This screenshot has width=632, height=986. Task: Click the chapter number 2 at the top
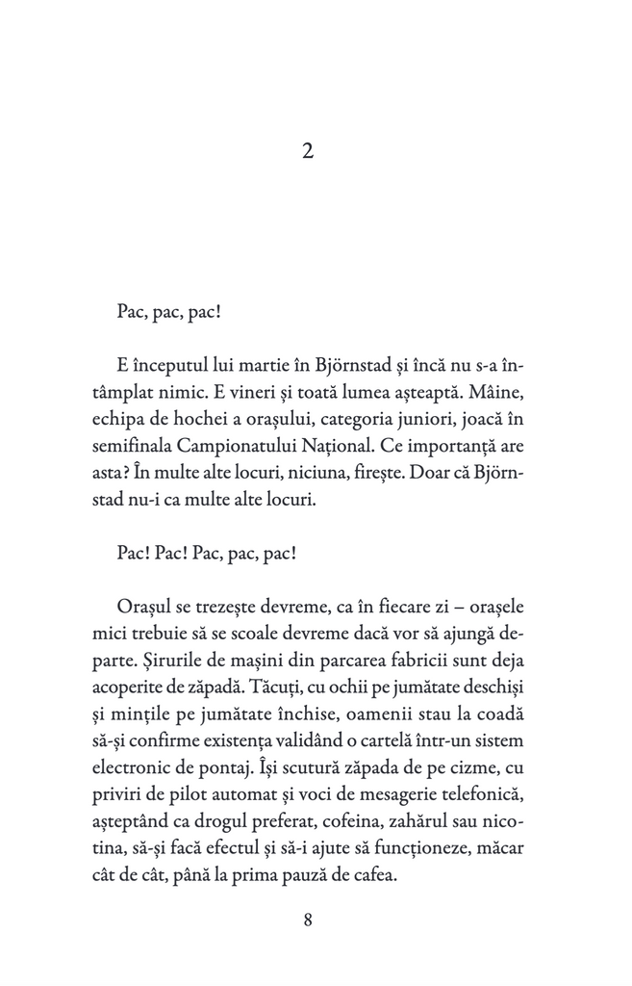pyautogui.click(x=308, y=151)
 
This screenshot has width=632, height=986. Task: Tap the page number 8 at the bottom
pyautogui.click(x=308, y=919)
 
